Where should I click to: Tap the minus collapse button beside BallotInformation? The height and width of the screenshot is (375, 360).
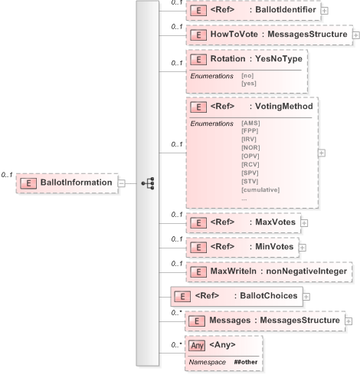click(x=122, y=183)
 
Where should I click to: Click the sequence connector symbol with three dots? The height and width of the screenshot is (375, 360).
click(x=148, y=183)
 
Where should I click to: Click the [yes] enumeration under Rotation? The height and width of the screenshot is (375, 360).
click(x=248, y=83)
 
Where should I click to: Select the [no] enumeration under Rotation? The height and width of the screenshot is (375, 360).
click(x=247, y=75)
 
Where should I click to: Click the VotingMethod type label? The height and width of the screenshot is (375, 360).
click(x=286, y=107)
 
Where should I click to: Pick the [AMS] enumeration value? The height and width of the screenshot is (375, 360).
click(x=250, y=123)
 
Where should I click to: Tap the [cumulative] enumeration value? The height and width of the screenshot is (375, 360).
click(x=260, y=189)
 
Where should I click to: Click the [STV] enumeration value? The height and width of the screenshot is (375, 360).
click(x=250, y=181)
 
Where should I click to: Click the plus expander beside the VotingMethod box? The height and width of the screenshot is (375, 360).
click(x=321, y=152)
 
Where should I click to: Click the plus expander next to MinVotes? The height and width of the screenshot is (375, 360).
click(x=303, y=247)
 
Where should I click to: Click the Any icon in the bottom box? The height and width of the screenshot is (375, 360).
click(x=197, y=345)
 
